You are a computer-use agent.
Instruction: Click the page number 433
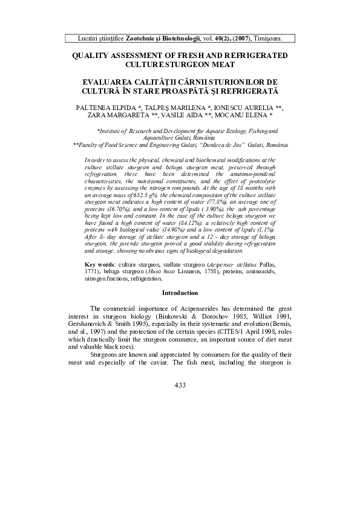180,385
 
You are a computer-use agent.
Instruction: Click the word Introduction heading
180,293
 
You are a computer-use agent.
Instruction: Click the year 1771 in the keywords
93,271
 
